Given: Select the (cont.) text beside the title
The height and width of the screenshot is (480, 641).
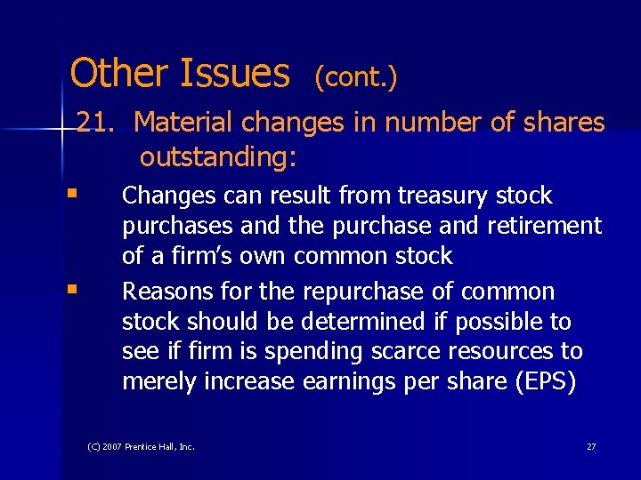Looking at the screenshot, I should (x=355, y=77).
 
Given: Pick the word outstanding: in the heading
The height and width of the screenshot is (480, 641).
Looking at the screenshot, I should (x=218, y=157).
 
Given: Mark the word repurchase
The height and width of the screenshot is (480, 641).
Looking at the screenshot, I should (x=360, y=292).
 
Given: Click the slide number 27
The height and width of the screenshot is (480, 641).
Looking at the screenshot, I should (x=591, y=446).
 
